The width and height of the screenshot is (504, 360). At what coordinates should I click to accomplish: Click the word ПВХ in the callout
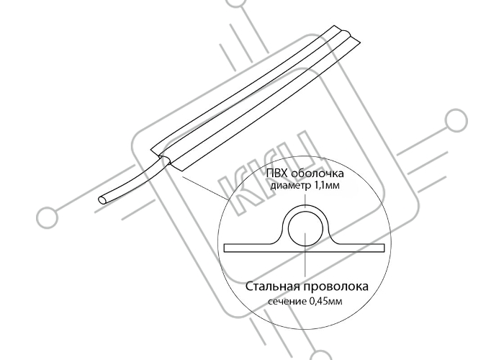[277, 174]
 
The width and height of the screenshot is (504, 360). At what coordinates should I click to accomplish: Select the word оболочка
[317, 174]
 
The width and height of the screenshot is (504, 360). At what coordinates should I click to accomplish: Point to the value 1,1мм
[325, 186]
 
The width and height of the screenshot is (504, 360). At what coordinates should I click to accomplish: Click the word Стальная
[273, 287]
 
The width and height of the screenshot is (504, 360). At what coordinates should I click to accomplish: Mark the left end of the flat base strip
[224, 248]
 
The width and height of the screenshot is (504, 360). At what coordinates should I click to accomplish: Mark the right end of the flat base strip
[384, 248]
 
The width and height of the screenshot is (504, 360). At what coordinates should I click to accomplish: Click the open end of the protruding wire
[103, 200]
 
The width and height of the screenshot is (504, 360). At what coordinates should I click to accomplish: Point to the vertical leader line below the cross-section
[305, 264]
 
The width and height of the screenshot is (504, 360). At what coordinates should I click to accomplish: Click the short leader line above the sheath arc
[305, 198]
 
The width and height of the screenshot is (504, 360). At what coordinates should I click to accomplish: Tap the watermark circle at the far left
[48, 218]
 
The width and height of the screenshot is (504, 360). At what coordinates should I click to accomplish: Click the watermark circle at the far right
[456, 120]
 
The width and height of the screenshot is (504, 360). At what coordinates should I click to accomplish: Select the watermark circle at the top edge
[237, 3]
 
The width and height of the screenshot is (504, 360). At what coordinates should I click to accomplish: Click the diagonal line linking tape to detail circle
[204, 187]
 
